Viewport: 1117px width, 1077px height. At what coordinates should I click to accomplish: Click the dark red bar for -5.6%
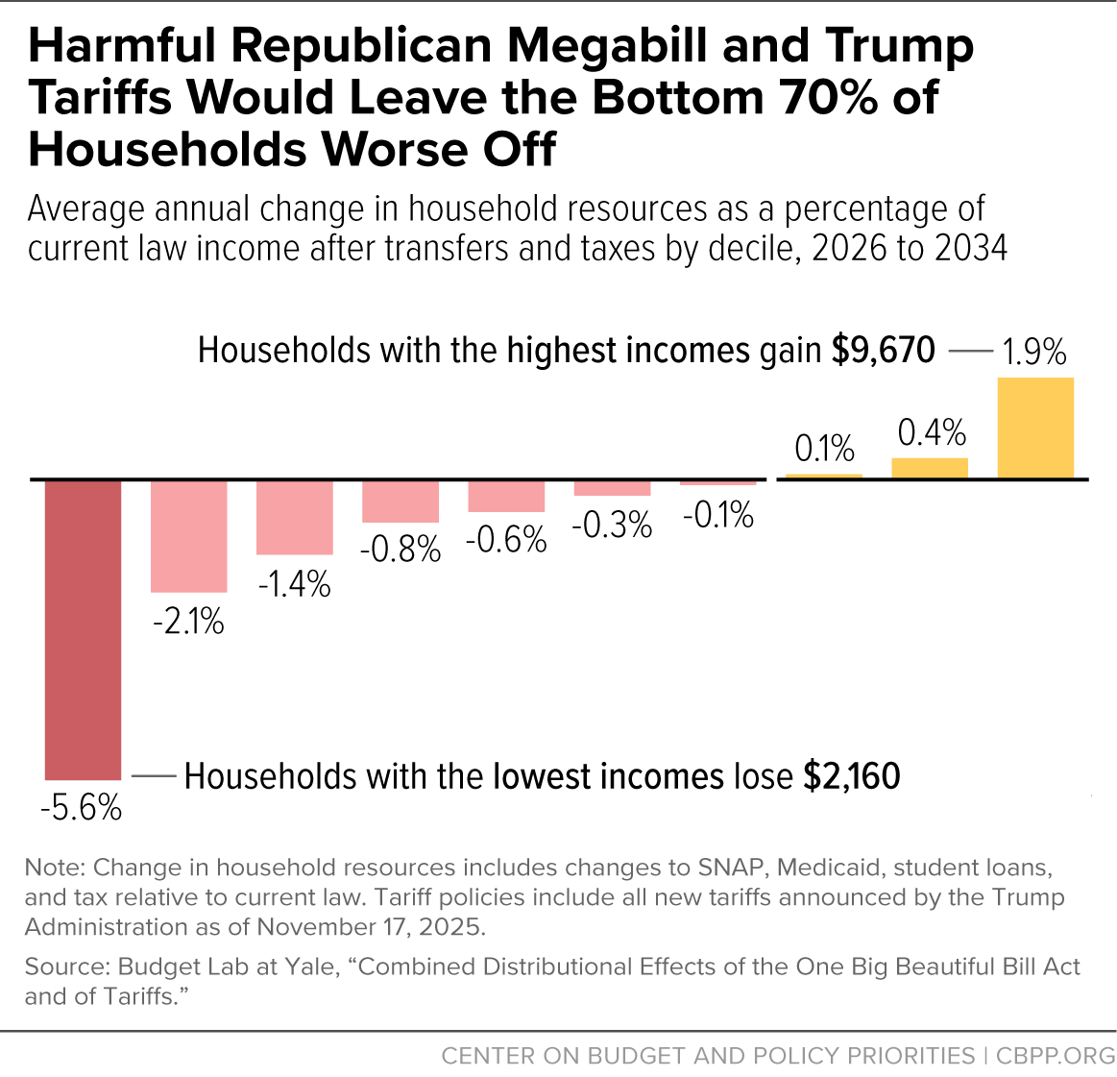pos(84,629)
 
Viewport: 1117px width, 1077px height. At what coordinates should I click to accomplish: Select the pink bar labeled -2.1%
pos(189,536)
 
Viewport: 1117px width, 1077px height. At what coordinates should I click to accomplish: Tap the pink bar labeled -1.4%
pos(295,517)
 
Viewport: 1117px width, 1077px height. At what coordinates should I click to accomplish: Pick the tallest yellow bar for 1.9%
pos(1035,428)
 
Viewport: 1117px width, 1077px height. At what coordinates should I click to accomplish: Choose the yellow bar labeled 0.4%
pos(930,468)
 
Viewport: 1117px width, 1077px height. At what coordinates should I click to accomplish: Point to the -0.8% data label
pos(401,550)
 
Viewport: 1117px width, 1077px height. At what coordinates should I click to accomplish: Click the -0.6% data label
pos(506,540)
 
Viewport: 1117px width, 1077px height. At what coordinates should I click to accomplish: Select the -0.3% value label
pos(612,526)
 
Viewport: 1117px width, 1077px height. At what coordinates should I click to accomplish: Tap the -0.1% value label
pos(717,516)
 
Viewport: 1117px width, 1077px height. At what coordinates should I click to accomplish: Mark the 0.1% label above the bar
pos(824,449)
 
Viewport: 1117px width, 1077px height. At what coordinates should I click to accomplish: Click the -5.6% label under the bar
pos(82,808)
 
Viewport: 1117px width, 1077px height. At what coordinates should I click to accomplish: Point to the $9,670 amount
pos(883,351)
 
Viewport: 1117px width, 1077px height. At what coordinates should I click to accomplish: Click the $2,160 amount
pos(852,776)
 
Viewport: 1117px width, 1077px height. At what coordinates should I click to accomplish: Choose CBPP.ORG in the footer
pos(1056,1056)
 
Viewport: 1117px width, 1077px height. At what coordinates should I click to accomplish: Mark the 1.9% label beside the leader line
pos(1034,353)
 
